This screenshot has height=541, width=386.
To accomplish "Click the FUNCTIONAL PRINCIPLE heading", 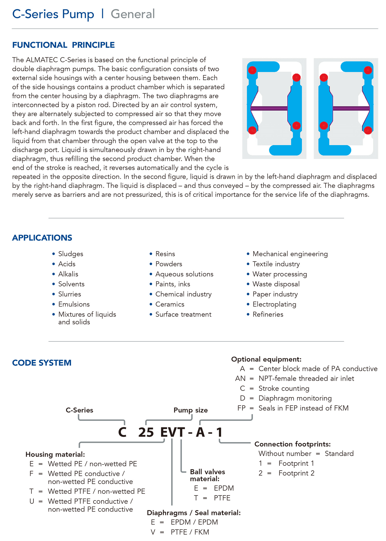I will pos(63,45).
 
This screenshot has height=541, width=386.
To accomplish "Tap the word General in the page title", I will pos(133,14).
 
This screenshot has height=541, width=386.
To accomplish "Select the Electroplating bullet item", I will pos(274,304).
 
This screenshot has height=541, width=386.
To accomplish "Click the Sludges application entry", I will pos(71,254).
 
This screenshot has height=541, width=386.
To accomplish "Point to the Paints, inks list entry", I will pos(173,284).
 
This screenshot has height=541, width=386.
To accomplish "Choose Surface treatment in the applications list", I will pos(183,314).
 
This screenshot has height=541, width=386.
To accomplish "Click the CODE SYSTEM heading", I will pos(42,363).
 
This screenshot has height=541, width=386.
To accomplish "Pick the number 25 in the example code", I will pos(146,432).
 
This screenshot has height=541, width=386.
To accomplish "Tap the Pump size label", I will pos(190,410).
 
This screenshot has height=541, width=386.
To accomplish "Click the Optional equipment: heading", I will pos(266,359).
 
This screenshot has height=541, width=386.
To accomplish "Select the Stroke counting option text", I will pos(284,388).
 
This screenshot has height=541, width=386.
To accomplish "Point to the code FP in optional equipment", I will pos(241,408).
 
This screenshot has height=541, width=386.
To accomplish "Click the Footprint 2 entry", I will pos(296,473).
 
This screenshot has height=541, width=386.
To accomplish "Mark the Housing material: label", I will pos(55,454).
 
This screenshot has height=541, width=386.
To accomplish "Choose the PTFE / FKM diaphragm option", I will pos(190,532).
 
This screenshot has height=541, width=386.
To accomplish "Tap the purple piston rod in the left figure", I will pos(269,108).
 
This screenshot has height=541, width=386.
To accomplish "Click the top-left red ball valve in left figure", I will pos(252,70).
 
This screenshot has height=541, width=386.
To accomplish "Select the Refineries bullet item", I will pos(268,314).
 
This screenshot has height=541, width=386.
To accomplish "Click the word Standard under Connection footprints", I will pos(339,454).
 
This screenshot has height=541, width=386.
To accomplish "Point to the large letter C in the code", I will pos(122,432).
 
